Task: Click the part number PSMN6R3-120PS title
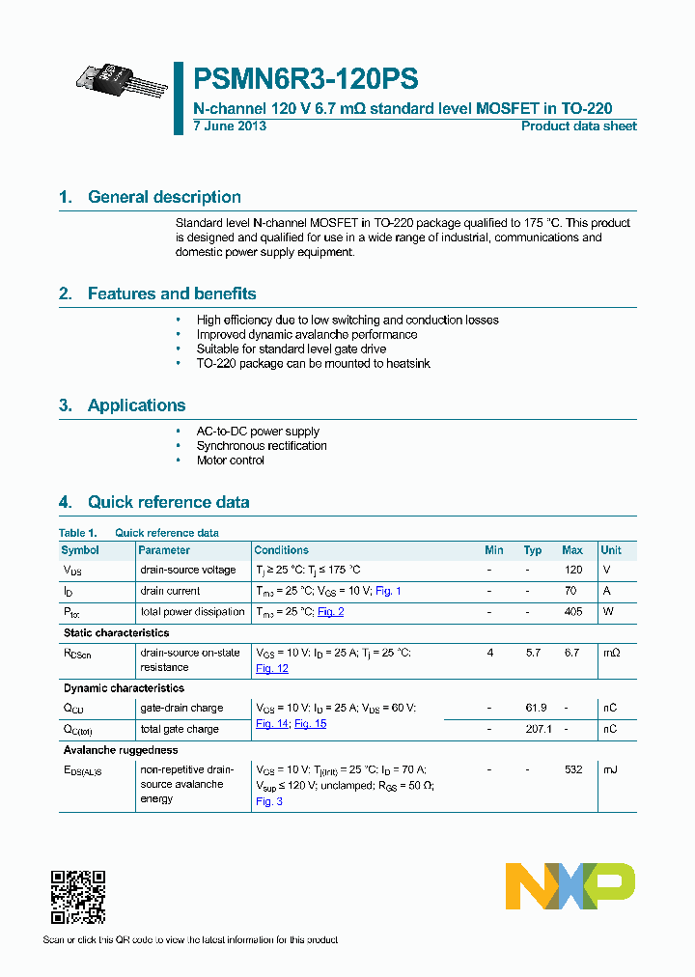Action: [306, 78]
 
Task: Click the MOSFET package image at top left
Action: [123, 80]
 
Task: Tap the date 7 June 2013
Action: [230, 126]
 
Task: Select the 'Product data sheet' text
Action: [578, 126]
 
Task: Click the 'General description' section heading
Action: [164, 197]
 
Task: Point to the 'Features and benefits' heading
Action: [171, 293]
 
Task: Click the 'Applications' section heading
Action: [136, 405]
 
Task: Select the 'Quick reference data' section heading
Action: [168, 502]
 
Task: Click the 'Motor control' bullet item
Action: [231, 461]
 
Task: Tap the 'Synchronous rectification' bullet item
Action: [262, 446]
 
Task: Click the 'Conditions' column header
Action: [281, 550]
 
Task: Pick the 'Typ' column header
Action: [533, 550]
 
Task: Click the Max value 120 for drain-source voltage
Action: [572, 570]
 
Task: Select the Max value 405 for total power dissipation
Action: [572, 612]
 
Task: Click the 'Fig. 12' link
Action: [272, 668]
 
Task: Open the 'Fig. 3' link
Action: [268, 801]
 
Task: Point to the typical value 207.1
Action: [538, 729]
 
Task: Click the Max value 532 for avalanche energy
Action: [572, 769]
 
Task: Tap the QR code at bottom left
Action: [77, 897]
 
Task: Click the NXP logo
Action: [570, 886]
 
